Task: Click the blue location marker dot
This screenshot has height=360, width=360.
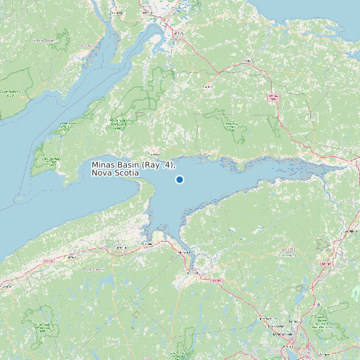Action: pyautogui.click(x=179, y=179)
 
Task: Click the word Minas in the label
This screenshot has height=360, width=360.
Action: pyautogui.click(x=103, y=164)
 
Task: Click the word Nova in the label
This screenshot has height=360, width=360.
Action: pyautogui.click(x=102, y=173)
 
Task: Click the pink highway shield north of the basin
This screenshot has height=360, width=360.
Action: pyautogui.click(x=272, y=98)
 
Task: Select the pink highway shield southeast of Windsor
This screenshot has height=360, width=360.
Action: pyautogui.click(x=216, y=280)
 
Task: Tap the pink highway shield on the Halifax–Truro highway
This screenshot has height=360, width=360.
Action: pyautogui.click(x=325, y=264)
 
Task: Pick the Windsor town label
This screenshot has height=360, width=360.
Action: pyautogui.click(x=195, y=273)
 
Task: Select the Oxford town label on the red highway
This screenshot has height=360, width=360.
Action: pyautogui.click(x=249, y=60)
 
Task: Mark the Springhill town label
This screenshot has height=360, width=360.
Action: pyautogui.click(x=209, y=86)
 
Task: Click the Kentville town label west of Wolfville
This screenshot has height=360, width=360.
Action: pyautogui.click(x=120, y=248)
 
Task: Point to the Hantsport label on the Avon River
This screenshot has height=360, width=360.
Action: pyautogui.click(x=182, y=253)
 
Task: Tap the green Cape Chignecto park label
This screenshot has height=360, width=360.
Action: pyautogui.click(x=50, y=161)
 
